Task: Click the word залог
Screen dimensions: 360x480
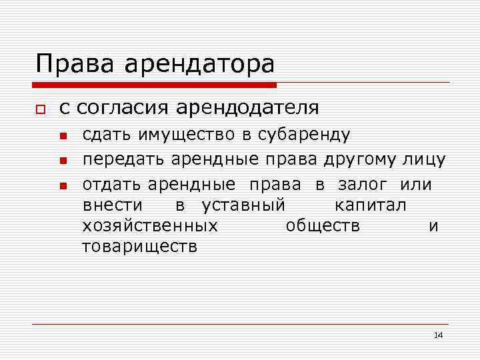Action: tap(365, 184)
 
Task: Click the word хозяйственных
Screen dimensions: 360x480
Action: tap(150, 226)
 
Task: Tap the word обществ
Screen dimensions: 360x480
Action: tap(323, 226)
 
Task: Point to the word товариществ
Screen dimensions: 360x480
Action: tap(139, 247)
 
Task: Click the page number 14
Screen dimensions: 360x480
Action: tap(438, 335)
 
